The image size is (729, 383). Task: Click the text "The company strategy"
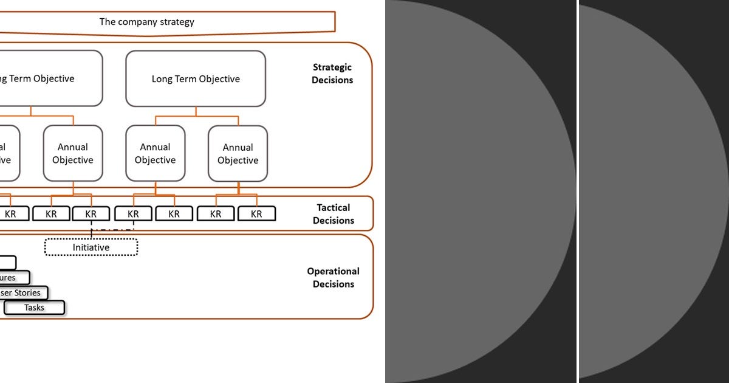pos(146,22)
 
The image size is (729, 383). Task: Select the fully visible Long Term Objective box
pos(196,79)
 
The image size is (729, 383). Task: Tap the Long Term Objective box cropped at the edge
pos(49,79)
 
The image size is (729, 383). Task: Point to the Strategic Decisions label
pos(332,74)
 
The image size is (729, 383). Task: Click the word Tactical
pos(333,208)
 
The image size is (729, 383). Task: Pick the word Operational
pos(333,271)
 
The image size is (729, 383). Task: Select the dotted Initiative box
pos(91,247)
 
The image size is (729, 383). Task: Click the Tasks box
pos(34,308)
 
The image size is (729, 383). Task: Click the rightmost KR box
pos(256,214)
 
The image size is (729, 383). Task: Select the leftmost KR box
pos(11,214)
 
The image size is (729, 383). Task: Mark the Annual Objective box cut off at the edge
pos(7,153)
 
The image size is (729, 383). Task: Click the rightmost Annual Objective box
pos(238,154)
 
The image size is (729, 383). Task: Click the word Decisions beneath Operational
pos(333,284)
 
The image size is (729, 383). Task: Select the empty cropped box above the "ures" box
pos(7,263)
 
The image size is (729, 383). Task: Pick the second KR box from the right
pos(216,214)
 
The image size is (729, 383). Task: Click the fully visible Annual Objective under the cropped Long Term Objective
pos(73,153)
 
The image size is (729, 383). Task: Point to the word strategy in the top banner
pos(174,22)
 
